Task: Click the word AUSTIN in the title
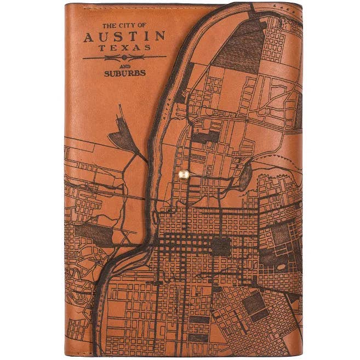click(x=124, y=37)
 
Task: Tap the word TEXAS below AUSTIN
click(x=125, y=48)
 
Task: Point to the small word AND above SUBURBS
click(x=124, y=65)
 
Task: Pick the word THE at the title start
click(x=109, y=25)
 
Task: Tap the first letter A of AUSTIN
click(x=89, y=37)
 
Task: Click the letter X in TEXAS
click(x=125, y=48)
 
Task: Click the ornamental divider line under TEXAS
click(x=124, y=57)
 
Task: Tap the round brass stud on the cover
click(x=185, y=174)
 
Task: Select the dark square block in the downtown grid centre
click(x=221, y=246)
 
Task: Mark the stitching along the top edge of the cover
click(x=142, y=7)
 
